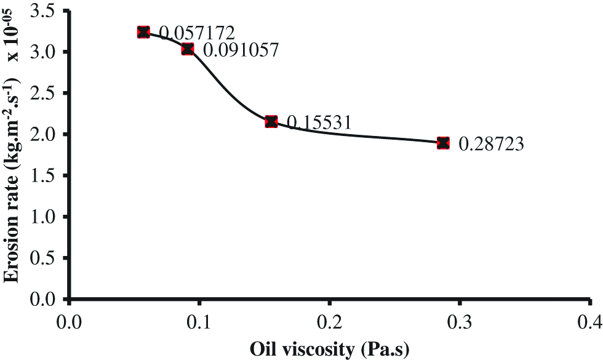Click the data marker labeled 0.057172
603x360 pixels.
(x=143, y=32)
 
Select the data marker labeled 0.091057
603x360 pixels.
(x=188, y=49)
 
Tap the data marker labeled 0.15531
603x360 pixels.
(x=271, y=121)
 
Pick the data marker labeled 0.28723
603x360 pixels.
(x=443, y=143)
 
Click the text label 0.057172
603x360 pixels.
(x=197, y=32)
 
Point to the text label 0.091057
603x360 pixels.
(x=241, y=50)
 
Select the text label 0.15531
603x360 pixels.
(x=319, y=122)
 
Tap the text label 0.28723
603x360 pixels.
(x=491, y=145)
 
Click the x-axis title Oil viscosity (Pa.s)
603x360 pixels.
(x=329, y=348)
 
